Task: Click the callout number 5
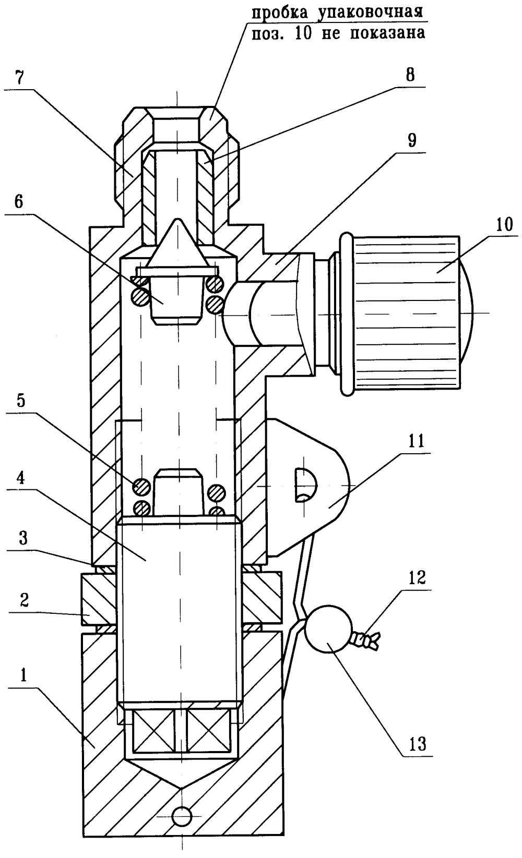[x=21, y=401]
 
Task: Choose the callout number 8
[x=410, y=75]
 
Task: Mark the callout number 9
[x=411, y=140]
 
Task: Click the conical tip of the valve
[x=177, y=221]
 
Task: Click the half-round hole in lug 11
[x=305, y=485]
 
